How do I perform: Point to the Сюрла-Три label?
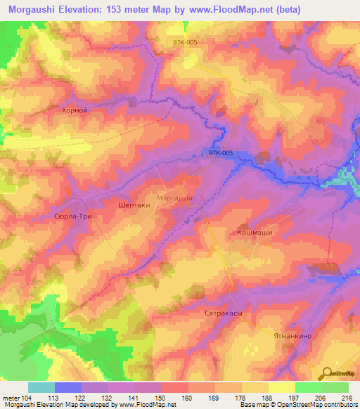(73, 217)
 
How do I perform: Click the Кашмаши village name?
(254, 231)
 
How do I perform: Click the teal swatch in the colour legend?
(41, 387)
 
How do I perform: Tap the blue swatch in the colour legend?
(68, 387)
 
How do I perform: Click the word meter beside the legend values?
(10, 397)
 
